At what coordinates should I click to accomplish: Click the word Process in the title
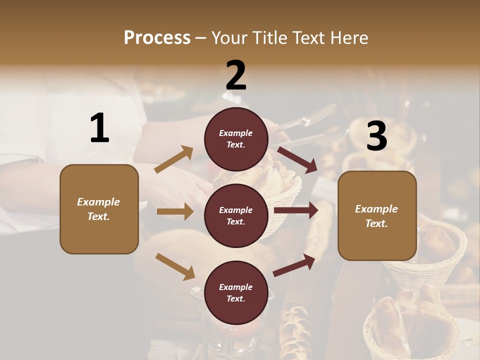pyautogui.click(x=157, y=38)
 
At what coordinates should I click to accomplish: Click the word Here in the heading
pyautogui.click(x=348, y=38)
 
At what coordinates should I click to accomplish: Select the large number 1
pyautogui.click(x=99, y=128)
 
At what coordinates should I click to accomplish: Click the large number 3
pyautogui.click(x=376, y=136)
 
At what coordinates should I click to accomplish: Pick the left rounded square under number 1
pyautogui.click(x=99, y=209)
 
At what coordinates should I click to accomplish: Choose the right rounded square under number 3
pyautogui.click(x=377, y=216)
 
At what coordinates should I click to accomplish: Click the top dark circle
pyautogui.click(x=236, y=139)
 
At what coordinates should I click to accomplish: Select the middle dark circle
pyautogui.click(x=236, y=215)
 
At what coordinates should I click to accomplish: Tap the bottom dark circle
pyautogui.click(x=236, y=292)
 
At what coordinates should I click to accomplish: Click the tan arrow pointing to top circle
pyautogui.click(x=174, y=159)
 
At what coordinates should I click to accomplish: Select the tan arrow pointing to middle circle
pyautogui.click(x=175, y=211)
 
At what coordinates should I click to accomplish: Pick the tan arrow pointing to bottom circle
pyautogui.click(x=175, y=266)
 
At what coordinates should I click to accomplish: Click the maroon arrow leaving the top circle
pyautogui.click(x=297, y=159)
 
